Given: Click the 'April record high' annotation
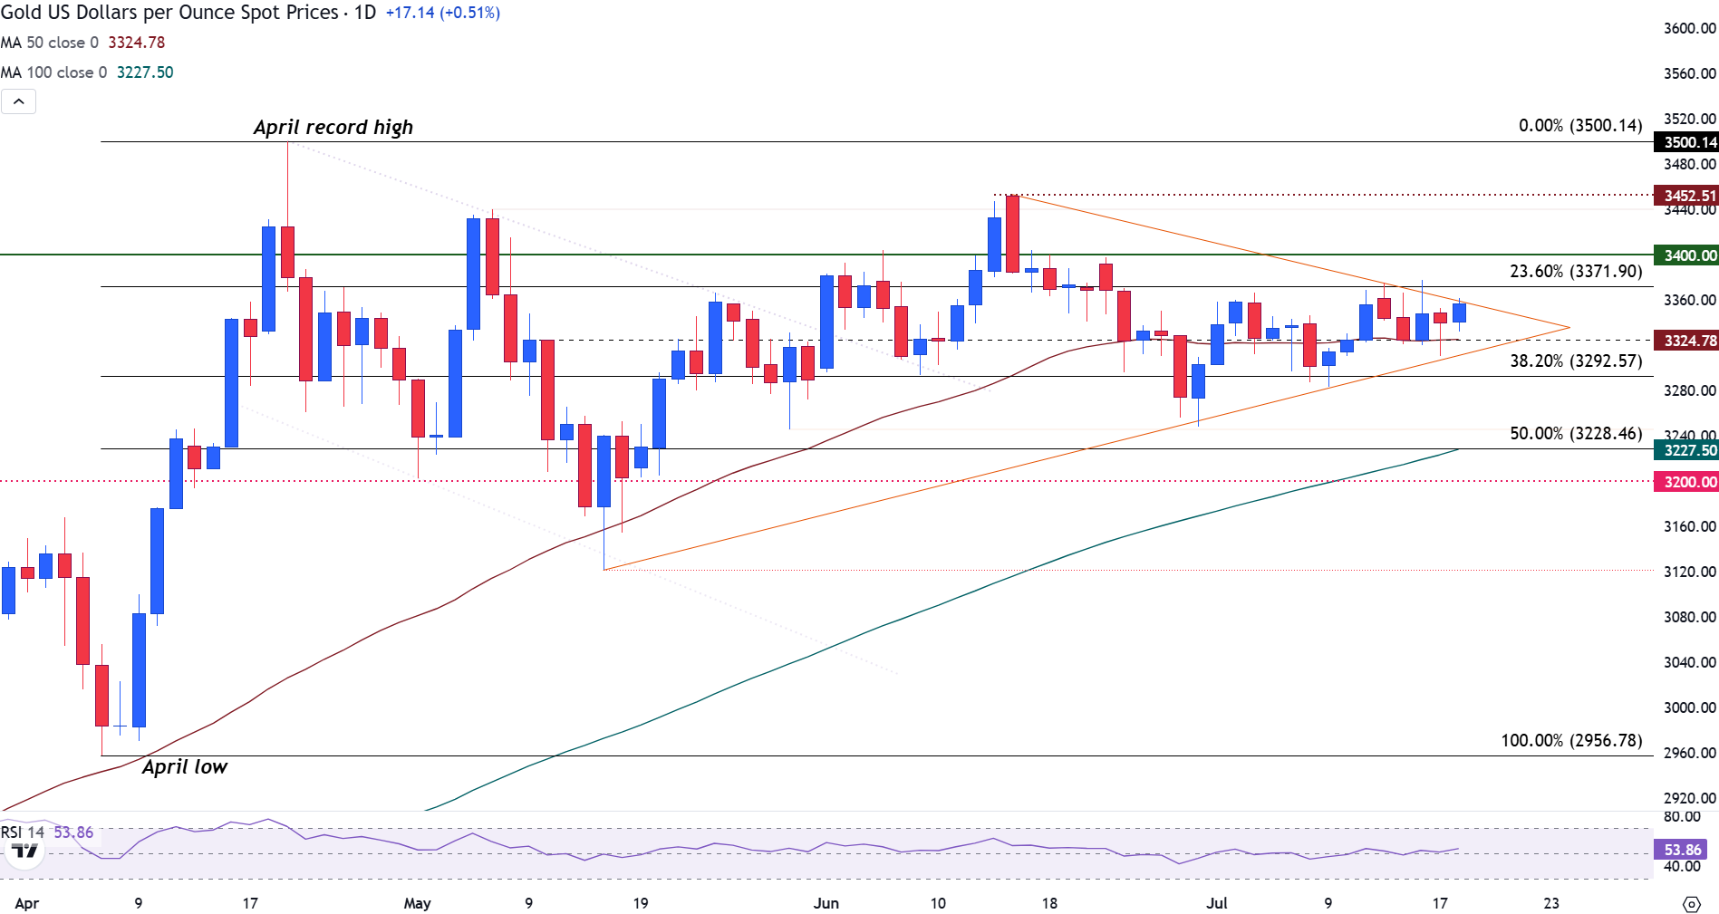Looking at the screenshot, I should [x=333, y=128].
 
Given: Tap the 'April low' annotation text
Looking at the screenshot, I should [x=185, y=767].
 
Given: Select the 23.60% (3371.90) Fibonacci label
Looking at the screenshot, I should [x=1576, y=271].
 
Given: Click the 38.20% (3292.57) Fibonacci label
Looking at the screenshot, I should [x=1576, y=361].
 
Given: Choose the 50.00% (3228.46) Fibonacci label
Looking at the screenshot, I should [x=1576, y=433].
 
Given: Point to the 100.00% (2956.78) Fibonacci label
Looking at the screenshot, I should [x=1571, y=740].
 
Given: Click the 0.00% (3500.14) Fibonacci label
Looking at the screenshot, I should [x=1580, y=125].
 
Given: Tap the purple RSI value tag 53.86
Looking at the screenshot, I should [x=1682, y=850].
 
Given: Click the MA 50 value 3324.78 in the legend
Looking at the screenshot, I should [x=137, y=43].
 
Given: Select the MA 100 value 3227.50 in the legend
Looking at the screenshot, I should [x=145, y=72].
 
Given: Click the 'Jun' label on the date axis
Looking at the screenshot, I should [x=826, y=903].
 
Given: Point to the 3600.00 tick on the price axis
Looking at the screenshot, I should [x=1689, y=28].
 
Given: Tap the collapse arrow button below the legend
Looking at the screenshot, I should [x=19, y=101].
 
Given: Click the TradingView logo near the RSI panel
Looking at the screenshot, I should [x=24, y=851].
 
